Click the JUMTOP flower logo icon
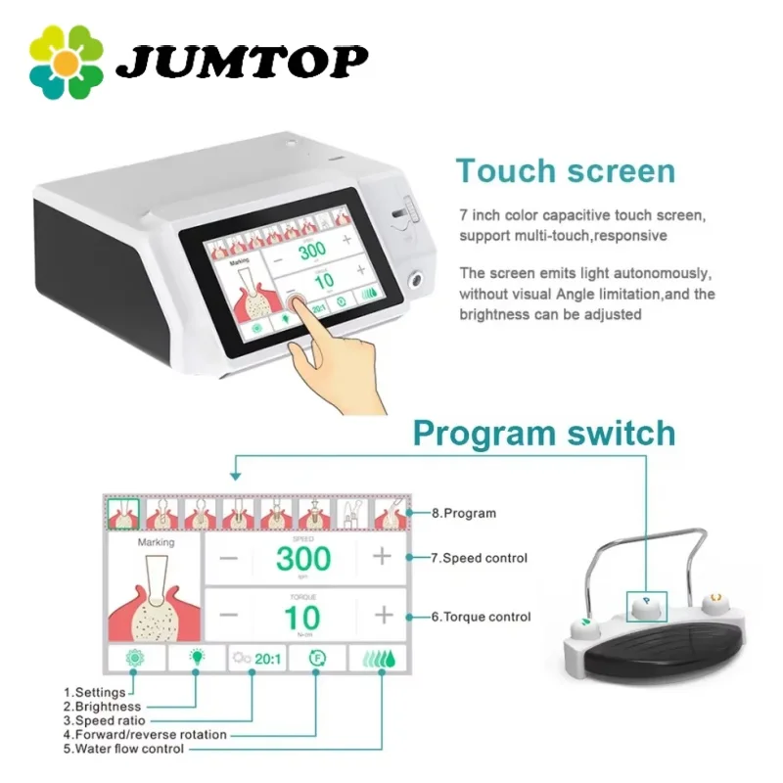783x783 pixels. click(x=67, y=62)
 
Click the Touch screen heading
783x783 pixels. click(x=565, y=170)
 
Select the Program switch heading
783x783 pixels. click(x=543, y=433)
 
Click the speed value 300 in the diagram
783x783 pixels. click(x=302, y=559)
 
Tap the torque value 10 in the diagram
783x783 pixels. click(x=302, y=617)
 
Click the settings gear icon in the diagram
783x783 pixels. click(x=134, y=658)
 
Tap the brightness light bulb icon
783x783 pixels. click(x=195, y=658)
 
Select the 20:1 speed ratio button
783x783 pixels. click(x=256, y=659)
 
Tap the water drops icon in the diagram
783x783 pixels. click(x=377, y=658)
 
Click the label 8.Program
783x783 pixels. click(x=464, y=513)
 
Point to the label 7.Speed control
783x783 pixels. click(x=479, y=559)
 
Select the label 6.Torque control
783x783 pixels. click(x=481, y=617)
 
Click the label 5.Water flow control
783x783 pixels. click(x=123, y=750)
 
